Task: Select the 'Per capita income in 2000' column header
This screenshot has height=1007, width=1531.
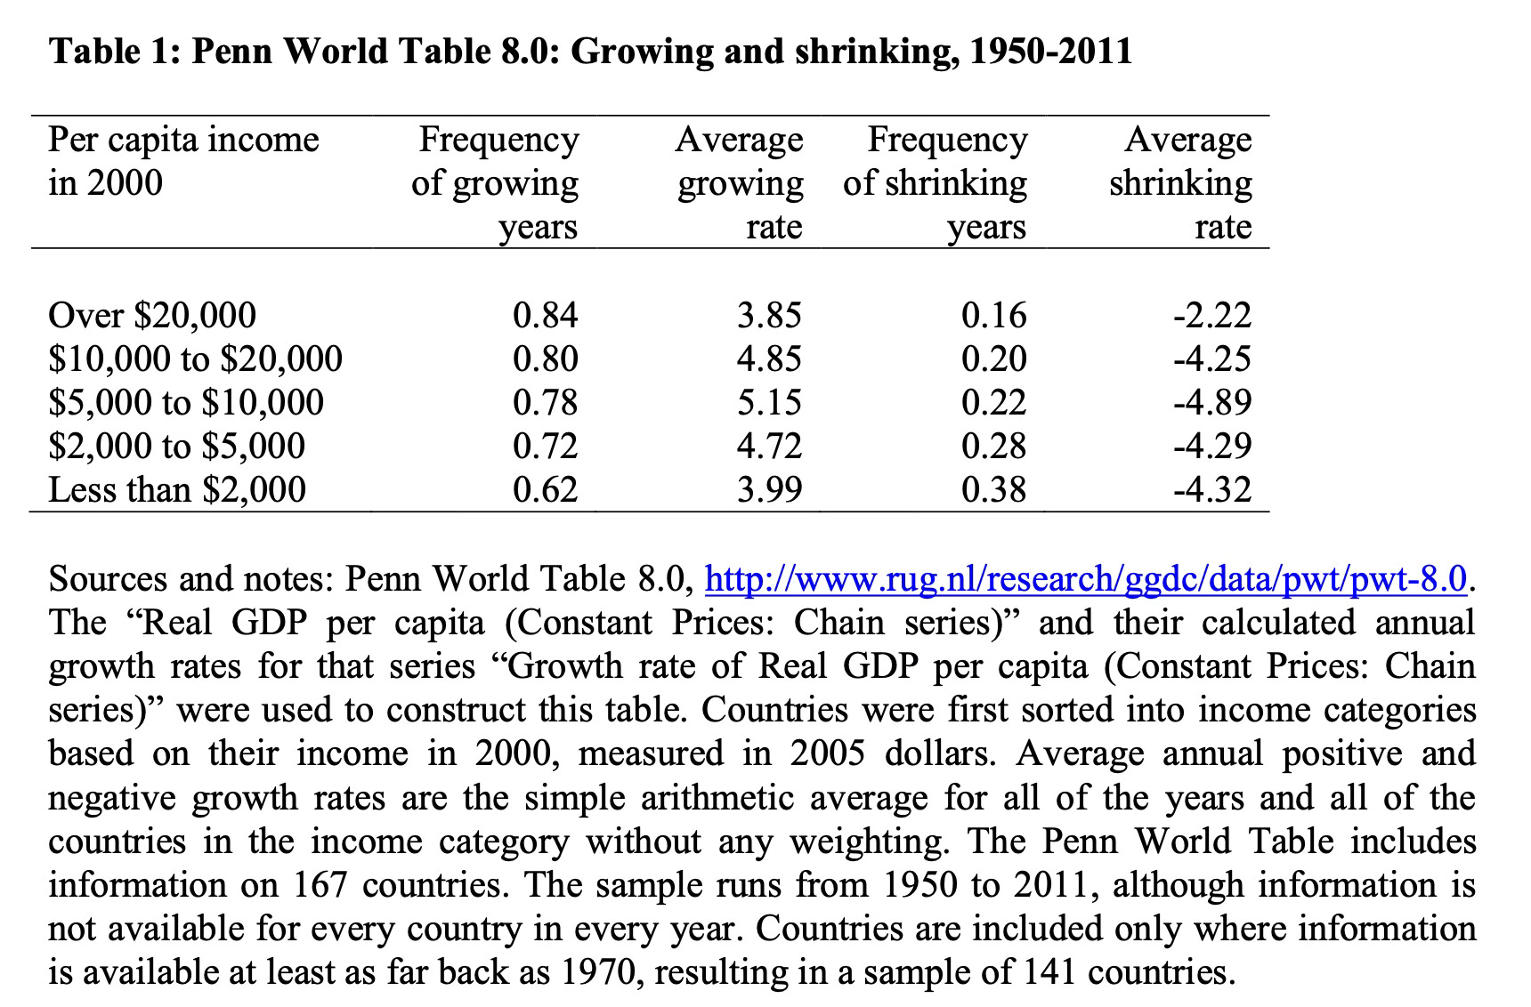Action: [x=183, y=161]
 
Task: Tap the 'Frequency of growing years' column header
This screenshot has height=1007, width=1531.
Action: [x=495, y=182]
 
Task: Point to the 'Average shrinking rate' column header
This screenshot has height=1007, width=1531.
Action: [x=1180, y=182]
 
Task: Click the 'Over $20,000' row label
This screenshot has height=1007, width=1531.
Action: [x=152, y=315]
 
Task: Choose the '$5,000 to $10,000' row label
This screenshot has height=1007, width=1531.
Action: [x=186, y=402]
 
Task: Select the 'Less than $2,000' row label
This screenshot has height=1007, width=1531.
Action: [x=177, y=489]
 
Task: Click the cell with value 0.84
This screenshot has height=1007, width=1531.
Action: [x=545, y=315]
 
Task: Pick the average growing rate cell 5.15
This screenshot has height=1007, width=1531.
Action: [x=769, y=402]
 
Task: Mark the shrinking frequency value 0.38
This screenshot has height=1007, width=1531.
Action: [x=993, y=489]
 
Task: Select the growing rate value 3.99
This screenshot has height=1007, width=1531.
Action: [x=769, y=489]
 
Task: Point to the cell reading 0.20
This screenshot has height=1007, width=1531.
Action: [x=993, y=358]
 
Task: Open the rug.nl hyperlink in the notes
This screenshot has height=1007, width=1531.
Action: [x=1085, y=579]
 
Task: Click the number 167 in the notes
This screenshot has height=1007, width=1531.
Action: [x=322, y=885]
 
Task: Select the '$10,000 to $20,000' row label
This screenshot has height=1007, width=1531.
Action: [x=195, y=358]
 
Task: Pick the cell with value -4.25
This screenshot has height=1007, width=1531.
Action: [x=1211, y=358]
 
